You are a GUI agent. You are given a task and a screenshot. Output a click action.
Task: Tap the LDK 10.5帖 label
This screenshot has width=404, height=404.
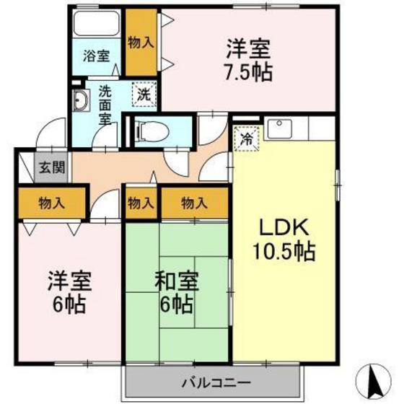tap(284, 240)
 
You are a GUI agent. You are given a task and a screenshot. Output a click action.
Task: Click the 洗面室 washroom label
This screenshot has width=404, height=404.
tap(105, 105)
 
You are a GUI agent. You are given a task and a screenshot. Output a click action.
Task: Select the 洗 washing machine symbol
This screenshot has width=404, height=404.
tap(144, 93)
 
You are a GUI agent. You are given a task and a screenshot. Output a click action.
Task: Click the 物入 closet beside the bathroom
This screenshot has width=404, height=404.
tap(141, 42)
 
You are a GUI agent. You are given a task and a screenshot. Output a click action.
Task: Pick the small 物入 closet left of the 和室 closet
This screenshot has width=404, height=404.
tap(141, 203)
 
